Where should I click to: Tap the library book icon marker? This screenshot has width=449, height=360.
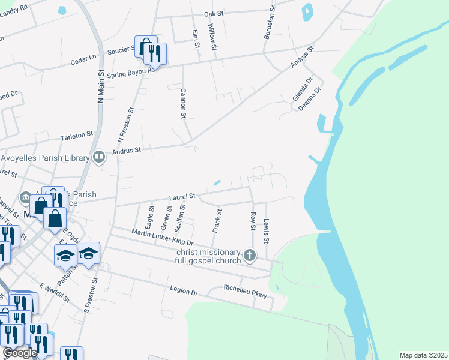point(99,158)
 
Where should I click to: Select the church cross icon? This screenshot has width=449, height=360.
point(250,256)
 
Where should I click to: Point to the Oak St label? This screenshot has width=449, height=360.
point(212,13)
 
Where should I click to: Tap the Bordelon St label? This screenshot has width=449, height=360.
point(269,23)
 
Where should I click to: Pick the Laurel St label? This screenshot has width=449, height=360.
point(182,196)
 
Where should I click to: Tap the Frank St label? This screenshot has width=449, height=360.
point(217,220)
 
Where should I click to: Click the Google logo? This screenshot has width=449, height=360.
point(20,353)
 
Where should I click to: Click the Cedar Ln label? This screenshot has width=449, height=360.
point(83,61)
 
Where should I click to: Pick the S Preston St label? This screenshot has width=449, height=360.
point(94,295)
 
